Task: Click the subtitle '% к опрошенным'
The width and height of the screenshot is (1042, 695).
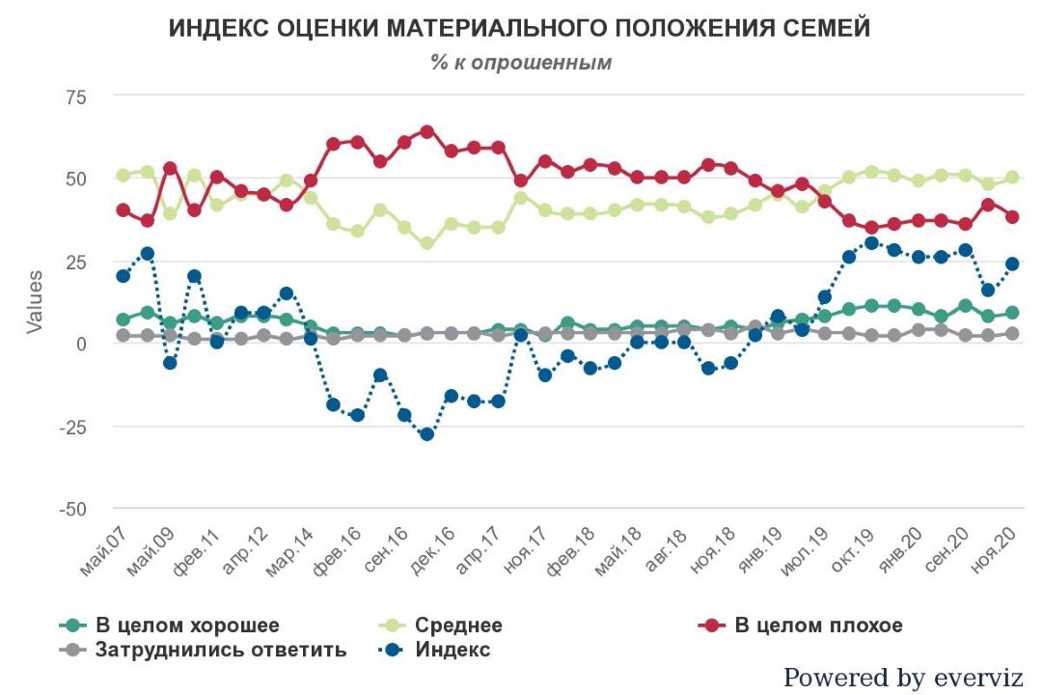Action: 521,63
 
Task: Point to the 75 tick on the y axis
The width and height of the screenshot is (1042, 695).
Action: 75,97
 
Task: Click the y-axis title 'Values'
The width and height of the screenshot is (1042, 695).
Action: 35,302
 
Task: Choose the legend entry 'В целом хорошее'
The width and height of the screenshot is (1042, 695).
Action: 187,625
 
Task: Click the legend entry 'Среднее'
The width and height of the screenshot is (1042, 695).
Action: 458,625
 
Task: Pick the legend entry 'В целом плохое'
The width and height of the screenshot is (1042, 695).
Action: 818,625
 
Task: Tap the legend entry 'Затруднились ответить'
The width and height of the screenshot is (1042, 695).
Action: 220,650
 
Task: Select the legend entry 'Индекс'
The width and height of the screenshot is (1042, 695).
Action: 452,650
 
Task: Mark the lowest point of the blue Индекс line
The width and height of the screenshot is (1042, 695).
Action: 426,433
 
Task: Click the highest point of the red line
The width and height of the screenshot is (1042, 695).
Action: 426,131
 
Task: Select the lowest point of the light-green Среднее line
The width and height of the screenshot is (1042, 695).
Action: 426,243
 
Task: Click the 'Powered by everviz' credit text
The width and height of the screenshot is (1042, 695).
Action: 902,678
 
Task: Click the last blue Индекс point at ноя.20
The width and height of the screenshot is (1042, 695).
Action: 1012,264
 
